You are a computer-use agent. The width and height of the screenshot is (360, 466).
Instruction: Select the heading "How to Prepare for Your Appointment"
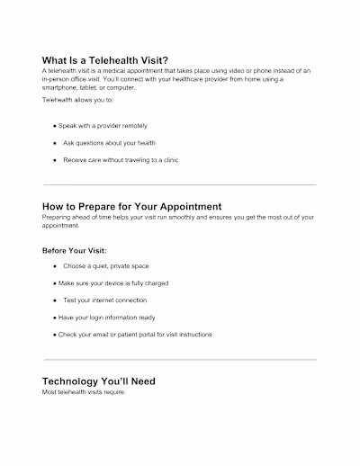131,206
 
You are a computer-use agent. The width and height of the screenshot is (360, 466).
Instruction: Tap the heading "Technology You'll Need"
99,381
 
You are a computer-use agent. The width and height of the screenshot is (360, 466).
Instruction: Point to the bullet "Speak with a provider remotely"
104,126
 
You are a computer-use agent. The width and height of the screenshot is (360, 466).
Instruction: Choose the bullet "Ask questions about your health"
109,142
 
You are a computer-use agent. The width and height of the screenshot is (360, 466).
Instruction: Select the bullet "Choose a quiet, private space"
105,266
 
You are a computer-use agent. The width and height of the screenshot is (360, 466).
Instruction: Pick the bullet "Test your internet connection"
104,300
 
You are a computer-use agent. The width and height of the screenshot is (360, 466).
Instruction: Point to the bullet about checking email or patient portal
134,334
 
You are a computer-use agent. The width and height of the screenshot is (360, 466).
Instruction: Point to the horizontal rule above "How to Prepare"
180,184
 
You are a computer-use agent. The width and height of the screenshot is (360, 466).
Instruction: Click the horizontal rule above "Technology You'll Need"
180,359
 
